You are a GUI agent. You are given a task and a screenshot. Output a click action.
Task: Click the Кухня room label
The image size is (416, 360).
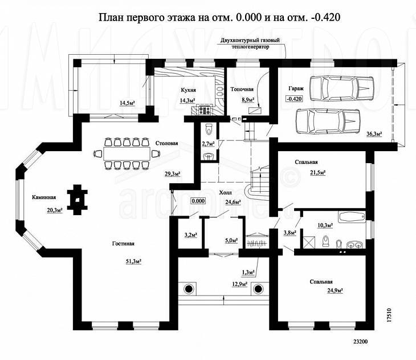pyautogui.click(x=189, y=90)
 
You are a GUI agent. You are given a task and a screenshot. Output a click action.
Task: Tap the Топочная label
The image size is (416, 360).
pyautogui.click(x=242, y=89)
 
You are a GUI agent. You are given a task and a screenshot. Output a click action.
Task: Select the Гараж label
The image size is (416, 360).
pyautogui.click(x=296, y=89)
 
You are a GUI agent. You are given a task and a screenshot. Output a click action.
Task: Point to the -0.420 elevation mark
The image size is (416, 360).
pyautogui.click(x=294, y=99)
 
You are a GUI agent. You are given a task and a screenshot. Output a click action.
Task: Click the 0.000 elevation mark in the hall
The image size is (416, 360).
pyautogui.click(x=198, y=201)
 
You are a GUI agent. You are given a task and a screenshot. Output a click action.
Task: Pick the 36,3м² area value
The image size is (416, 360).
pyautogui.click(x=374, y=134)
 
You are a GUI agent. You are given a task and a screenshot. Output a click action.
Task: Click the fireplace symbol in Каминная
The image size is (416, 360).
pyautogui.click(x=77, y=200)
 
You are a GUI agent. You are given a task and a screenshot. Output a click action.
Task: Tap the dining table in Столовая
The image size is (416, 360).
pyautogui.click(x=127, y=154)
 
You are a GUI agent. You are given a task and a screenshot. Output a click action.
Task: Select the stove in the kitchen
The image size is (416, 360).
pyautogui.click(x=204, y=111)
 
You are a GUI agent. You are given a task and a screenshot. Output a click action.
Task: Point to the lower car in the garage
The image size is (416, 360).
pyautogui.click(x=328, y=121)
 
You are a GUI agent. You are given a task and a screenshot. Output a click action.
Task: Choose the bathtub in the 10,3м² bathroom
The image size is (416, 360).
pyautogui.click(x=352, y=217)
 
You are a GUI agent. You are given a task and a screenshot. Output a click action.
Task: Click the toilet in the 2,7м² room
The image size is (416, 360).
pyautogui.click(x=209, y=129)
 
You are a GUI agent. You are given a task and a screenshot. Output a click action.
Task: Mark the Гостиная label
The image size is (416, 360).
pyautogui.click(x=123, y=244)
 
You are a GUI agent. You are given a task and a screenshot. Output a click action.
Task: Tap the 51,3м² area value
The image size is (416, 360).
pyautogui.click(x=133, y=261)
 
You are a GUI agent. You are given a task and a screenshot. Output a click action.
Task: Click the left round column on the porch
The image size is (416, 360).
pyautogui.click(x=189, y=289)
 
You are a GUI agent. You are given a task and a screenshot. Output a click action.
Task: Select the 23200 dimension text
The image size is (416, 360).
pyautogui.click(x=360, y=342)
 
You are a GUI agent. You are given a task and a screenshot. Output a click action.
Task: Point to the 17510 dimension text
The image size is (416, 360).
pyautogui.click(x=389, y=315)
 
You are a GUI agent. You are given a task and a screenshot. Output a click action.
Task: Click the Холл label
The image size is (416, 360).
pyautogui.click(x=226, y=193)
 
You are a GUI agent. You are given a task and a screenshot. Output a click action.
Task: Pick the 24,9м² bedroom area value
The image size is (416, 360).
pyautogui.click(x=335, y=290)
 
